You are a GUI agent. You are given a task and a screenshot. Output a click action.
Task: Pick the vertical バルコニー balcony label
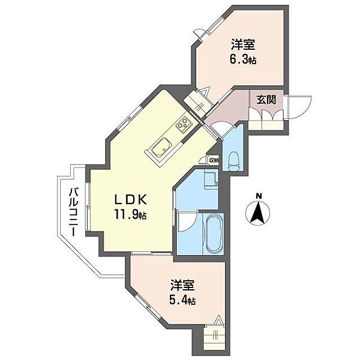point(73,211)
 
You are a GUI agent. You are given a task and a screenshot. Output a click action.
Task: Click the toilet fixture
point(234,159)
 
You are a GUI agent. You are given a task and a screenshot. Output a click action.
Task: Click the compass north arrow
point(258,213)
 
